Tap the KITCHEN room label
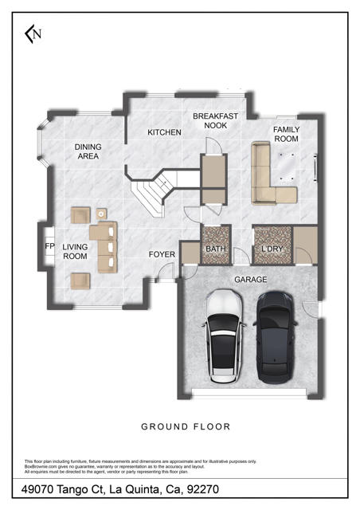tap(164, 132)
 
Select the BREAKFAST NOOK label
tap(215, 121)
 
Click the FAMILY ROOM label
tap(286, 134)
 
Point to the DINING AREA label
tap(88, 151)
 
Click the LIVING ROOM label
tap(75, 252)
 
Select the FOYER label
tap(162, 255)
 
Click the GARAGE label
tap(249, 280)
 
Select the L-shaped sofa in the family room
tap(266, 179)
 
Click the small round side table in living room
tap(101, 213)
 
